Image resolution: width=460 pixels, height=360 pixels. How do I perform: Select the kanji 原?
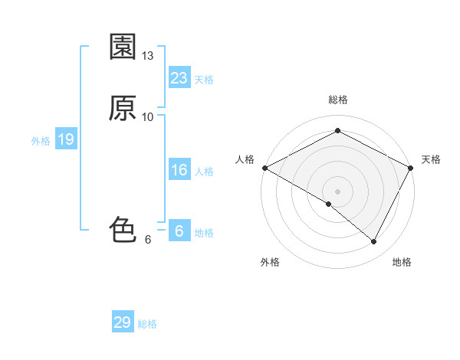123,109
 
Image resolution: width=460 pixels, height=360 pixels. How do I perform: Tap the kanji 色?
123,228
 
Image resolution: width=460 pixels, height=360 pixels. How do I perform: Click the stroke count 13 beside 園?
148,55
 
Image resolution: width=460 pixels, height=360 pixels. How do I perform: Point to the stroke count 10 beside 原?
148,116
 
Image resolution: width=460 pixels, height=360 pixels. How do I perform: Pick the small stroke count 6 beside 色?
148,239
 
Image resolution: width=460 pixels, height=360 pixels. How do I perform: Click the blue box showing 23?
179,78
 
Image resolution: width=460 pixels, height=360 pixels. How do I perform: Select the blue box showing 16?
179,170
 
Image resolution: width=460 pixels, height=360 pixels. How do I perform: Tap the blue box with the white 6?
179,231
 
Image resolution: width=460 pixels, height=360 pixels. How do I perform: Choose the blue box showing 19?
66,139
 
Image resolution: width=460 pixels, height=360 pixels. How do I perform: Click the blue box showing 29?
123,322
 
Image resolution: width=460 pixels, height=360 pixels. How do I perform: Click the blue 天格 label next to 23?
204,80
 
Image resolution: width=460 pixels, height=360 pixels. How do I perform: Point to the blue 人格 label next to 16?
204,172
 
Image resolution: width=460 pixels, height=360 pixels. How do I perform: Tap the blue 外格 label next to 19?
41,141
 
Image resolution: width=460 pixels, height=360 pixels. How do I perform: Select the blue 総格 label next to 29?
147,324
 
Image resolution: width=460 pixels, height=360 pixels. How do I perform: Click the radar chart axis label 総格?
338,100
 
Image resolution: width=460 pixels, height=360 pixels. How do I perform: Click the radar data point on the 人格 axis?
264,168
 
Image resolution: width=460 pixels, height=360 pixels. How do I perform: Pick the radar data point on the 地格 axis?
374,241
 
